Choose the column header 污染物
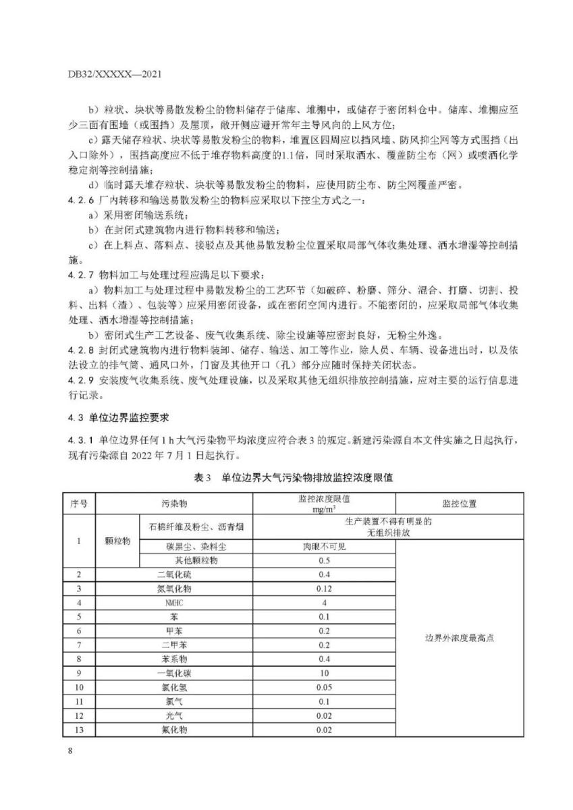(174, 503)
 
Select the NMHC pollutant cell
(174, 602)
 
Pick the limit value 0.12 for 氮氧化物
(324, 589)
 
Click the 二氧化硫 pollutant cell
(174, 574)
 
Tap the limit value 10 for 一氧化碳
(324, 673)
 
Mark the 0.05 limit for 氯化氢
(324, 687)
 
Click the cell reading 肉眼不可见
(324, 546)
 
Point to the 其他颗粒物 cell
(196, 560)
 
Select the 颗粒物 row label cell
(117, 540)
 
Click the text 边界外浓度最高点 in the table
(460, 638)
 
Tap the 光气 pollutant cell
(174, 715)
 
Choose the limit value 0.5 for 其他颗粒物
(324, 560)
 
